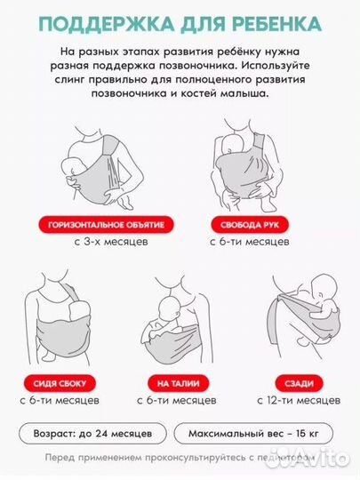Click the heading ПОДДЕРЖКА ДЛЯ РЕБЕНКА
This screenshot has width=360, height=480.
(x=179, y=20)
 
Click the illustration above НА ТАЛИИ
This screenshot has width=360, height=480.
(x=178, y=324)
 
